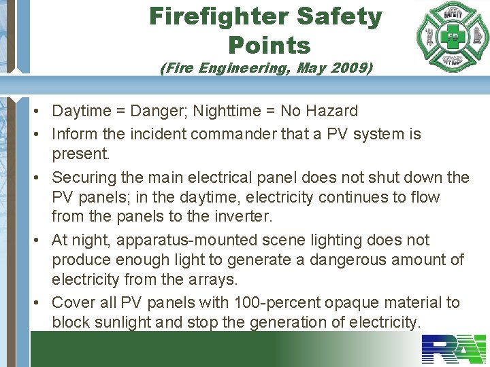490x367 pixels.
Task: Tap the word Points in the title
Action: (269, 45)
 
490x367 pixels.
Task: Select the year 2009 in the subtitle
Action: (348, 68)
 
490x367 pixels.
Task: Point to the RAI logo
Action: (453, 349)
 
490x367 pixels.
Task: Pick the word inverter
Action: (242, 217)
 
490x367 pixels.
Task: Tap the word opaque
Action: (354, 302)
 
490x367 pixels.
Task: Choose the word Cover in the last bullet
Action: (73, 302)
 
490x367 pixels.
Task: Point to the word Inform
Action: (73, 134)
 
